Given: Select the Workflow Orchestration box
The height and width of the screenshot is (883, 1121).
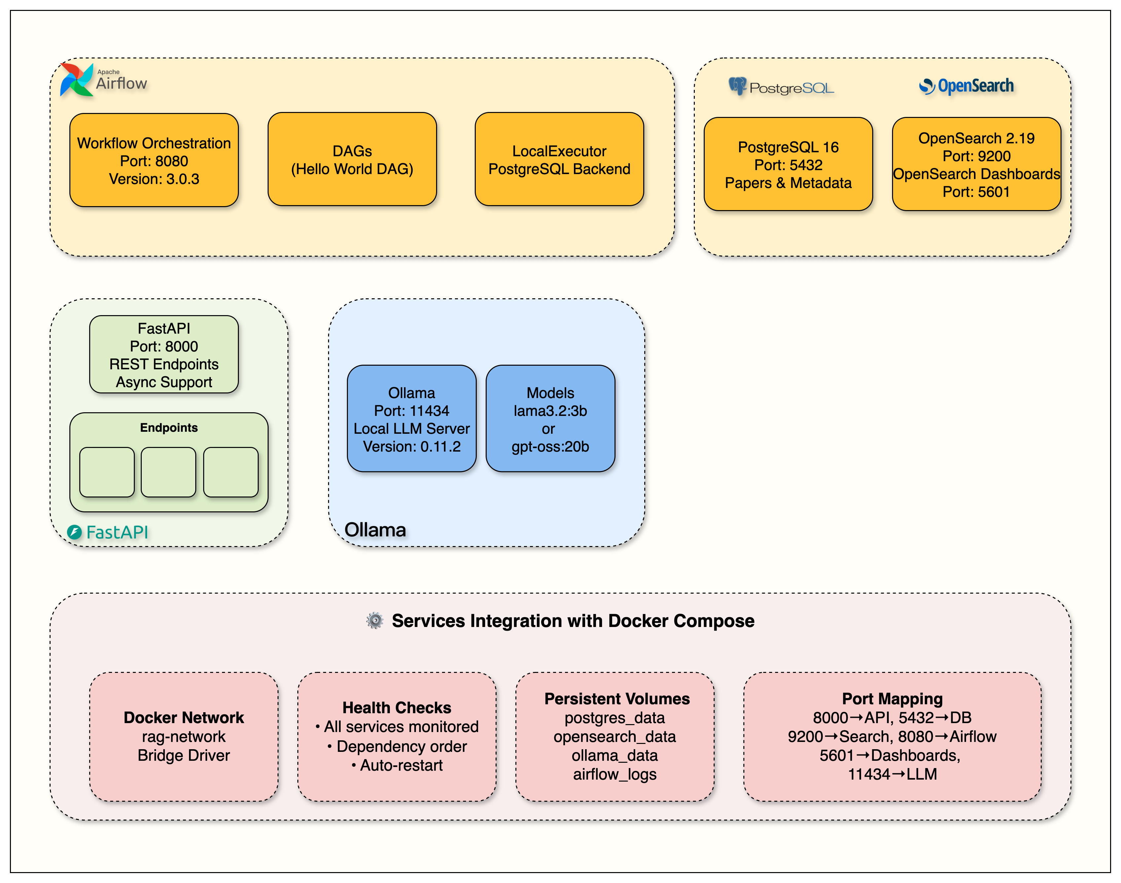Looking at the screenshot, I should coord(154,160).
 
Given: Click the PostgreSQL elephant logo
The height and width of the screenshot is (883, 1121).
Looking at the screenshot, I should coord(737,86).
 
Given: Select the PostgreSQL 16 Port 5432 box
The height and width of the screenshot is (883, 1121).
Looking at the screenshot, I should coord(788,165).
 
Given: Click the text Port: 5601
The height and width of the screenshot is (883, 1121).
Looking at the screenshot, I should coord(975,192).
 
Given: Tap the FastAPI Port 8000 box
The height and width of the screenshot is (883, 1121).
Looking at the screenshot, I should coord(164,355).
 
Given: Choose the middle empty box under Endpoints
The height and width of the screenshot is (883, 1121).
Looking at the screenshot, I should coord(168,472).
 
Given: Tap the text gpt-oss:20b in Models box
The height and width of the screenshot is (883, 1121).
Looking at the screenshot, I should coord(550,447).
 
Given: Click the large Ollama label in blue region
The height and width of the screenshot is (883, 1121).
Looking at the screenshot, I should coord(375,530).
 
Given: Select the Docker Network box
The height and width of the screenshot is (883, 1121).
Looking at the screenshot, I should coord(184,737).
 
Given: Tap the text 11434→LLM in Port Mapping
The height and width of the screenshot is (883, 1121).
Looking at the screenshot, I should coord(892,774).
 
